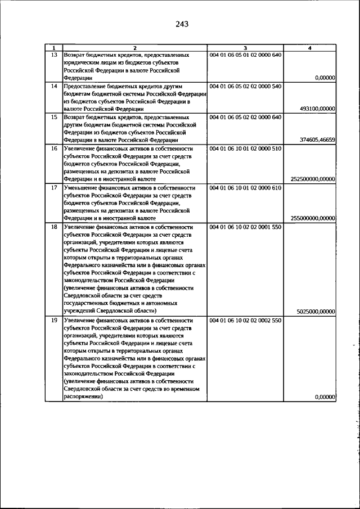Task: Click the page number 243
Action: tap(181, 24)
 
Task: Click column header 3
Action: tap(245, 48)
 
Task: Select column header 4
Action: tap(309, 48)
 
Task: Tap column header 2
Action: tap(135, 48)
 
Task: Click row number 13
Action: tap(54, 55)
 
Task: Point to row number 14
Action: tap(54, 86)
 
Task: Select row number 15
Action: tap(54, 117)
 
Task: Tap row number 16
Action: tap(54, 148)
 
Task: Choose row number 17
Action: tap(54, 187)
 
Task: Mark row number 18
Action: tap(54, 227)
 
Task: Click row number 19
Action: tap(54, 320)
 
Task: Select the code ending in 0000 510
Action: tap(245, 148)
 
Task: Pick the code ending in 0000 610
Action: tap(245, 187)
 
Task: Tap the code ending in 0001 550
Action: tap(245, 227)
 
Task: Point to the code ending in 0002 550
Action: tap(245, 320)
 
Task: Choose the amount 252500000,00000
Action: tap(313, 179)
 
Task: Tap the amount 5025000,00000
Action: tap(316, 311)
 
